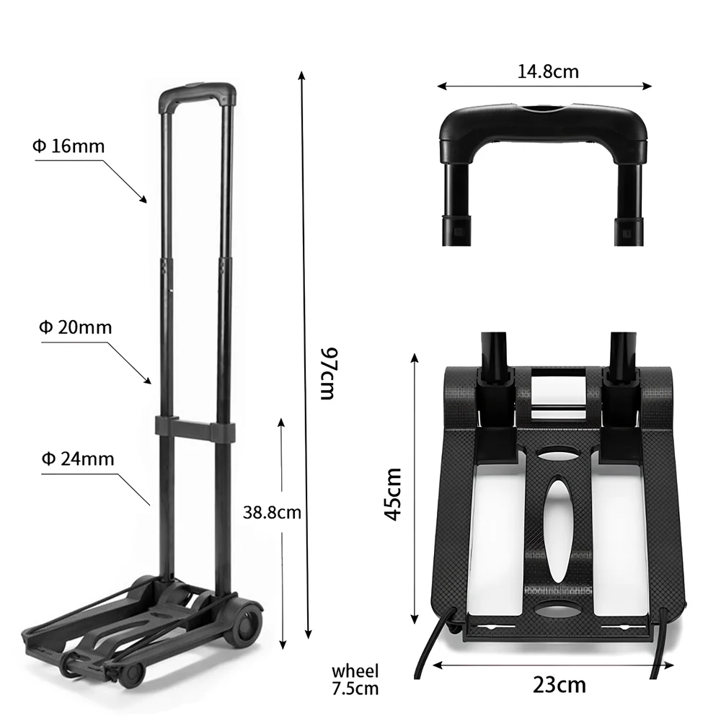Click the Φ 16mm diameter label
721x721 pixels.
tap(68, 146)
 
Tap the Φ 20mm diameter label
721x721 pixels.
tap(76, 327)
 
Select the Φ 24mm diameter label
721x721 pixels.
tap(78, 459)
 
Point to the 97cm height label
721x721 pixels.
tap(329, 373)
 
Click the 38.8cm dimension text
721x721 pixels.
tap(272, 512)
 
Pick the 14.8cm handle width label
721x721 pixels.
tap(548, 71)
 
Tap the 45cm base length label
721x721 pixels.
tap(393, 495)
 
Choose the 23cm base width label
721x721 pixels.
tap(559, 685)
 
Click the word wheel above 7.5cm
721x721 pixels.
tap(355, 671)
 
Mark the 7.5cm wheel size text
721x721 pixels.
tap(355, 689)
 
